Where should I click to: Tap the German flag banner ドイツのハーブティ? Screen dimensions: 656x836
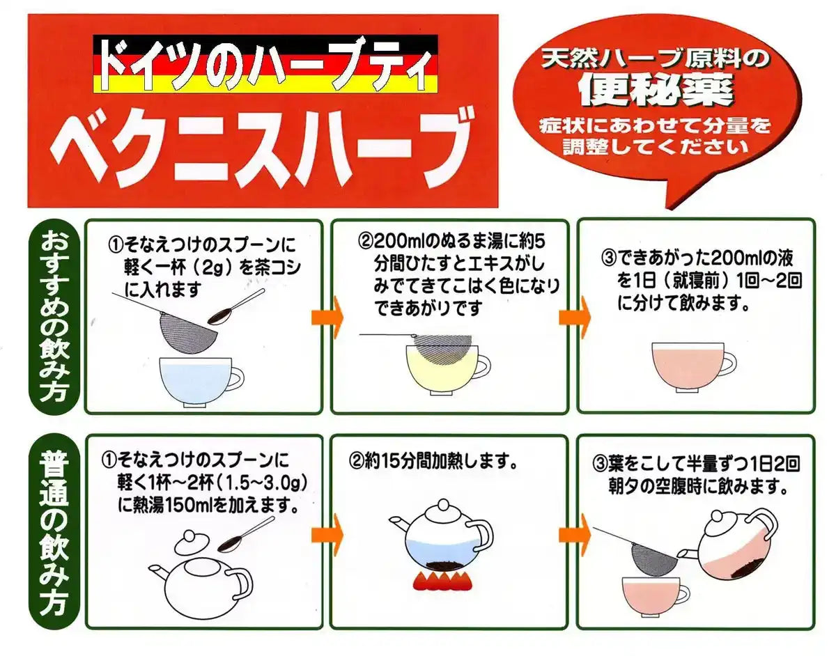coord(265,64)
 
